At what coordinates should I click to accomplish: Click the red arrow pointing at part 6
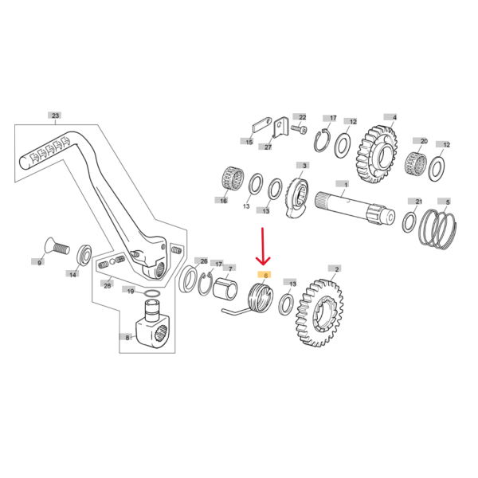click(x=263, y=245)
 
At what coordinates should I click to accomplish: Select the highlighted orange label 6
click(x=265, y=276)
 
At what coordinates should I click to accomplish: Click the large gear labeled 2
click(x=319, y=312)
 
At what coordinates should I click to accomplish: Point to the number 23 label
click(x=55, y=116)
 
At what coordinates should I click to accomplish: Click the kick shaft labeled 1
click(x=355, y=208)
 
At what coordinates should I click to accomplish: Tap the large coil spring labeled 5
click(x=437, y=229)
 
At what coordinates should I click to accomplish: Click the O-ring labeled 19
click(x=152, y=293)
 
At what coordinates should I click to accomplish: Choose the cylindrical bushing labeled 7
click(x=225, y=288)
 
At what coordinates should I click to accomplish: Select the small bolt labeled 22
click(x=299, y=129)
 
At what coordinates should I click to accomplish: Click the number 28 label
click(x=107, y=285)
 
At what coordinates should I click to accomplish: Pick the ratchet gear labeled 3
click(x=297, y=198)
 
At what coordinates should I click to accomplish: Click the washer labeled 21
click(x=409, y=221)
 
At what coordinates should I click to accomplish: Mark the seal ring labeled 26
click(x=188, y=280)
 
